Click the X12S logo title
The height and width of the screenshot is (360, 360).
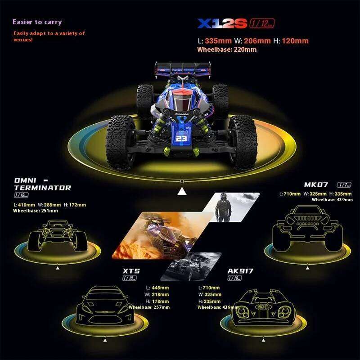point(222,23)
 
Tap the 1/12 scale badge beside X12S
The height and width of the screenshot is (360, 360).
point(261,23)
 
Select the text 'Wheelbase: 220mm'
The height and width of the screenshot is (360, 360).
point(227,49)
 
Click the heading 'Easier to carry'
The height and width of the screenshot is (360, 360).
point(37,22)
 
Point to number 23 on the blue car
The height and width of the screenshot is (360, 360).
point(181,139)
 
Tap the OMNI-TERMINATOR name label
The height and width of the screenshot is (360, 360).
point(42,184)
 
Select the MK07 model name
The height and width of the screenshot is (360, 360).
point(316,184)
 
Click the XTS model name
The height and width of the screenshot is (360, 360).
point(131,271)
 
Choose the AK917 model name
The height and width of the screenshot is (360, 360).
point(240,271)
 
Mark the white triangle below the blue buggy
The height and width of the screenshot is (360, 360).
point(182,192)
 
